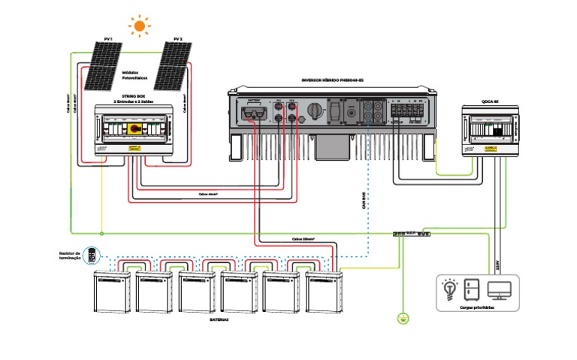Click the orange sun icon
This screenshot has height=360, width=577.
coord(139,26)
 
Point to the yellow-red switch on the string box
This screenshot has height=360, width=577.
coord(136,129)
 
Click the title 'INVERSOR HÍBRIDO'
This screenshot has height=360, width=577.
coord(328,80)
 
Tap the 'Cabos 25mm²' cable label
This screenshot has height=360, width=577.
coord(303,238)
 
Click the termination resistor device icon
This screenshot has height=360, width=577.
coord(92,256)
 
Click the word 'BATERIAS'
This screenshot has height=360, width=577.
coord(219,319)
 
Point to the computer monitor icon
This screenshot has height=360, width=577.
coord(499,289)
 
